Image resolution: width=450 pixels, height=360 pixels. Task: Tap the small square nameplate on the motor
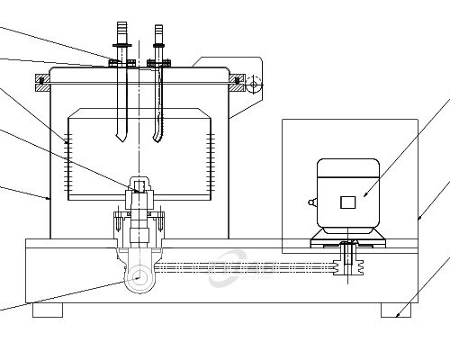[x=347, y=202]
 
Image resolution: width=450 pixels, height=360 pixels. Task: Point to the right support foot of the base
[x=395, y=310]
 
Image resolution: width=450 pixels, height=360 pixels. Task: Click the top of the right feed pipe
[x=160, y=34]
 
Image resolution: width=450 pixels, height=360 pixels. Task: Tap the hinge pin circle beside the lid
[x=254, y=85]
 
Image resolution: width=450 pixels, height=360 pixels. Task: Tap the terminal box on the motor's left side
[x=312, y=204]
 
